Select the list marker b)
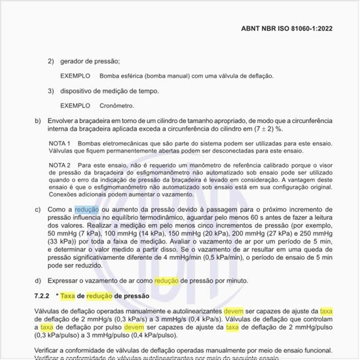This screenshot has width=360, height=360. (x=37, y=121)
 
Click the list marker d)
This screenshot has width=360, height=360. (x=37, y=280)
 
